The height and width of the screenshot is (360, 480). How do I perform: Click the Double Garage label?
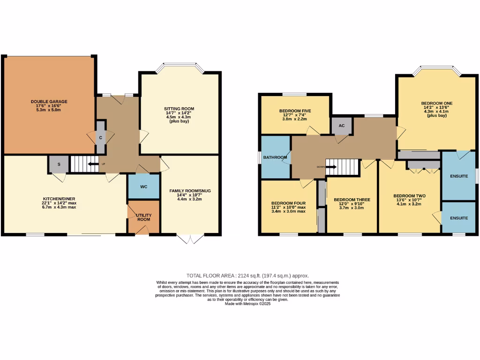coord(49,101)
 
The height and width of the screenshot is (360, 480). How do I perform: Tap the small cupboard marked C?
coord(101,137)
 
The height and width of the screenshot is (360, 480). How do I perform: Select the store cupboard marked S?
coord(59,165)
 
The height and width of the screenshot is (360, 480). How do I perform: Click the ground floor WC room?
coord(144,187)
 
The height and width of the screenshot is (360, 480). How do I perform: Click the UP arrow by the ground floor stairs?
coord(95,164)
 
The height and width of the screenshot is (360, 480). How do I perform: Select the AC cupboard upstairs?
coord(342,126)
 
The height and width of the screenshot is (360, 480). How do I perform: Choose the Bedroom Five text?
coord(295,111)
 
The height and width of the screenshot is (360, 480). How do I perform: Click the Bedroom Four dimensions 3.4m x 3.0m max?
coord(289,211)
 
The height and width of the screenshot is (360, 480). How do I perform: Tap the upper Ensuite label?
coord(458,176)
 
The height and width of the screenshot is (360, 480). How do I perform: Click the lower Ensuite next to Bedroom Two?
coord(458,218)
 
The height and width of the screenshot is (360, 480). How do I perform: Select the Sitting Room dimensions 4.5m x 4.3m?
coord(180,118)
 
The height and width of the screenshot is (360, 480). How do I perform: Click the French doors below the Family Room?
coord(190,239)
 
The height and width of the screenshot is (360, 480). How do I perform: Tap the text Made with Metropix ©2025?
coord(248,304)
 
